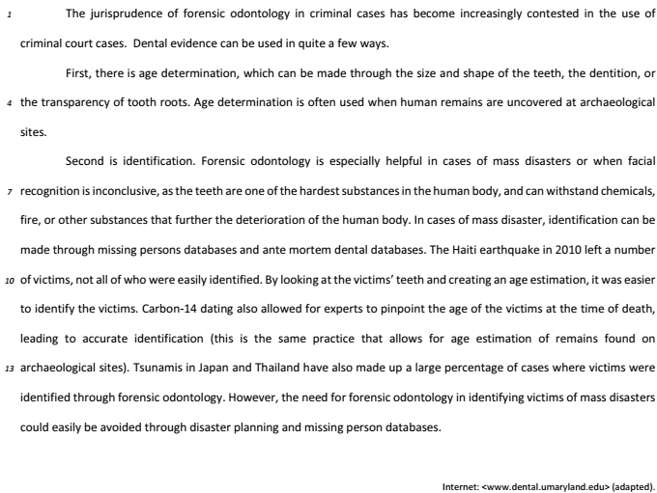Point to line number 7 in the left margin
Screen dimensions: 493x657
[x=8, y=183]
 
